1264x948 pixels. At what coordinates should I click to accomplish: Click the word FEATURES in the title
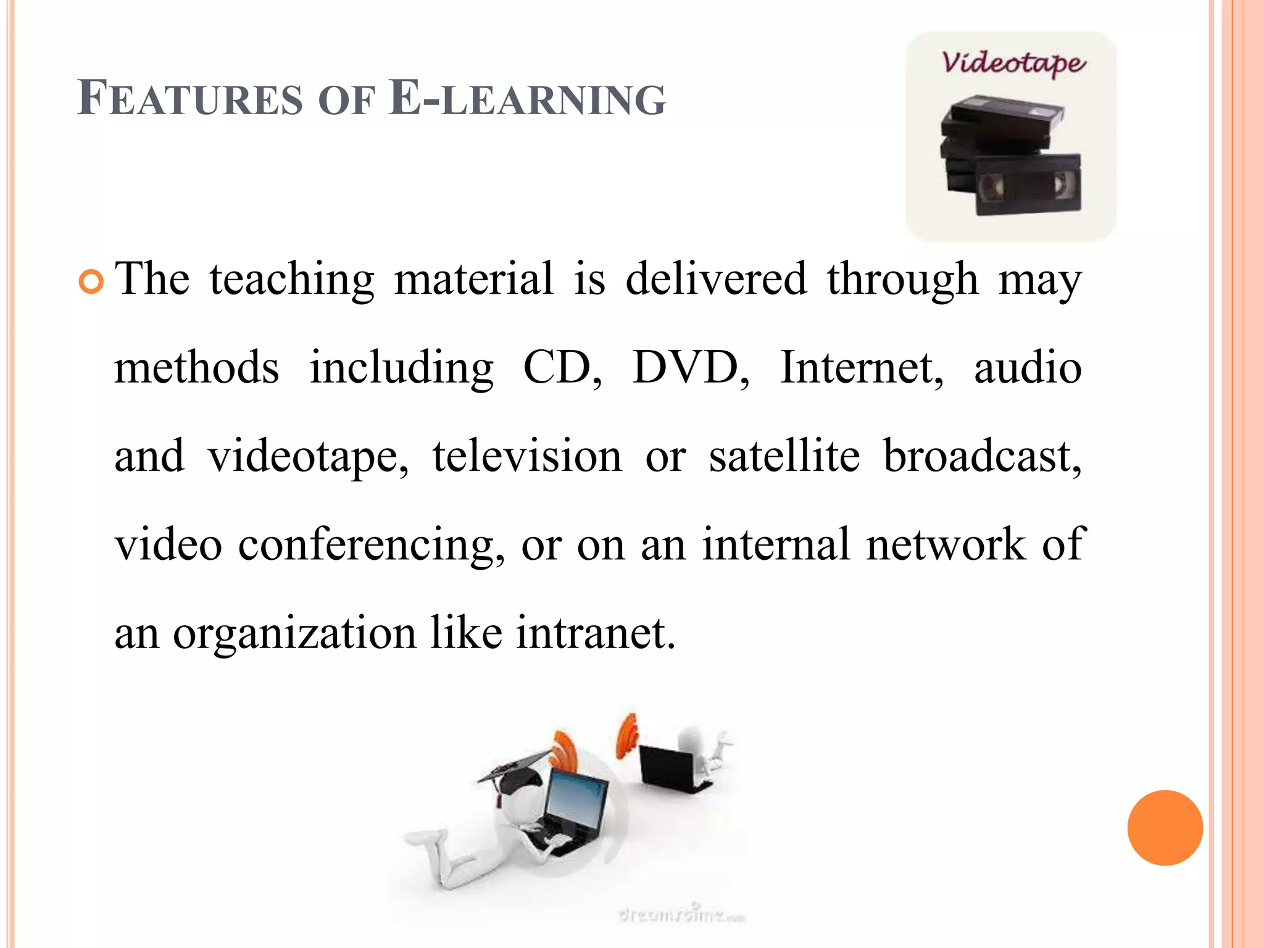190,99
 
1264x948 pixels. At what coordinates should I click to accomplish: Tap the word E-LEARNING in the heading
528,99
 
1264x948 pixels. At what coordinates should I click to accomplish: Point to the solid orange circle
1165,828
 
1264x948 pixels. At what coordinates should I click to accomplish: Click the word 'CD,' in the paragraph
562,368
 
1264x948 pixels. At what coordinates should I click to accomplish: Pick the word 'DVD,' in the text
691,368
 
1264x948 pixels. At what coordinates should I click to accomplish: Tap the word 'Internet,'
862,368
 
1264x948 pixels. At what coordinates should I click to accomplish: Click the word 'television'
527,457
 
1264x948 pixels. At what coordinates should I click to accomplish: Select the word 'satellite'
784,457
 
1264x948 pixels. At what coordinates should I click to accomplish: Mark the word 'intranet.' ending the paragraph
596,633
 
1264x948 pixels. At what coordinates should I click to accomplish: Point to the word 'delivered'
716,280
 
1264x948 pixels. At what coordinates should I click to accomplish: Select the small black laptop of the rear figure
669,768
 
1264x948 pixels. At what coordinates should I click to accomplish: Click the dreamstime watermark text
682,914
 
